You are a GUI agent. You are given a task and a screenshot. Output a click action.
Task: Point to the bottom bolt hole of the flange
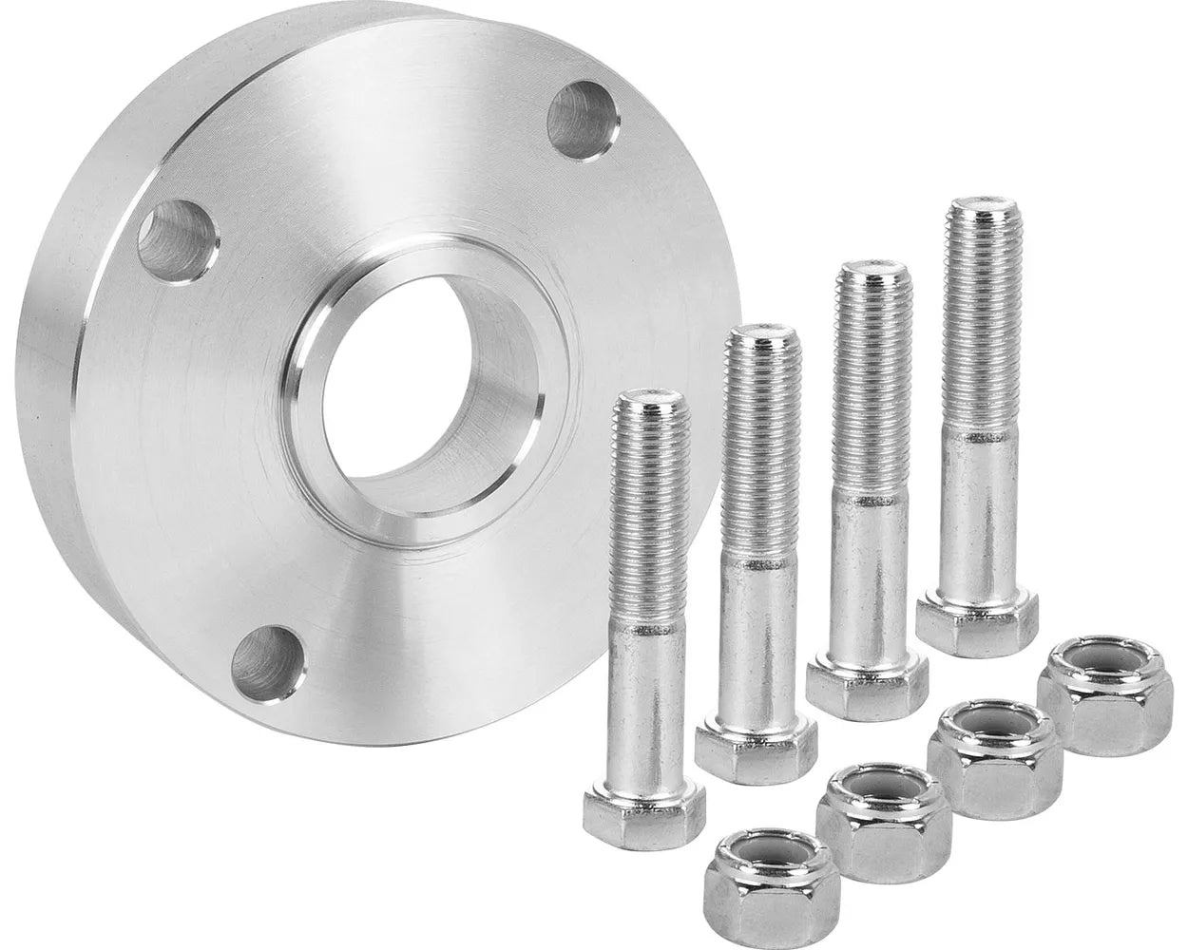coord(267,663)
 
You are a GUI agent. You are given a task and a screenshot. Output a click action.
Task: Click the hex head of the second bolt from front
coord(756,741)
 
